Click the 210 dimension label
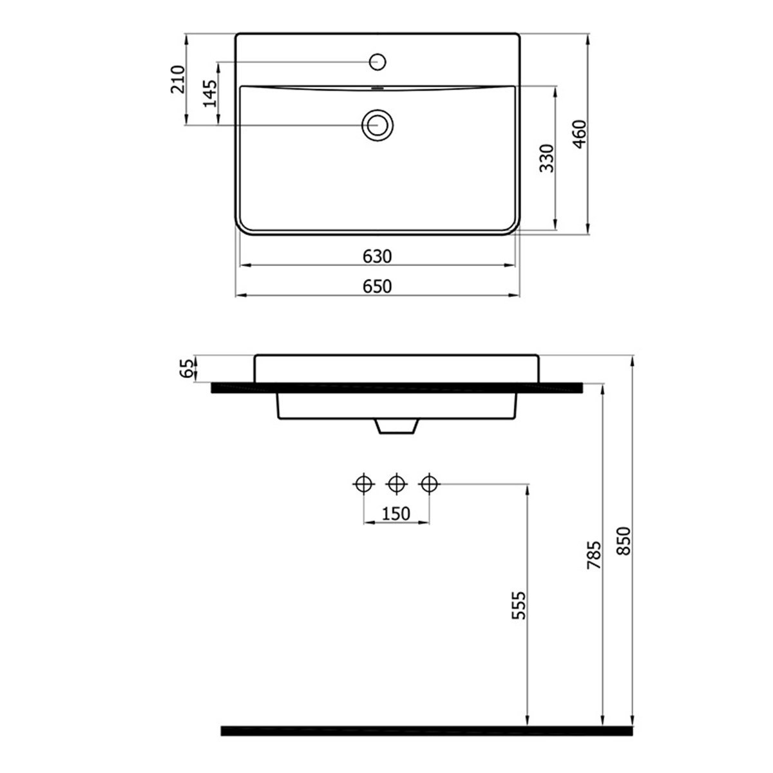point(178,79)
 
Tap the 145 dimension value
point(210,93)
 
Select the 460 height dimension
point(579,134)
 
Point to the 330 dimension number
point(546,158)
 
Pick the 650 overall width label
point(377,287)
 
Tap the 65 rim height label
point(186,368)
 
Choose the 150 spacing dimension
point(396,513)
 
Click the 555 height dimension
point(519,606)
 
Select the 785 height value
point(594,555)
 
